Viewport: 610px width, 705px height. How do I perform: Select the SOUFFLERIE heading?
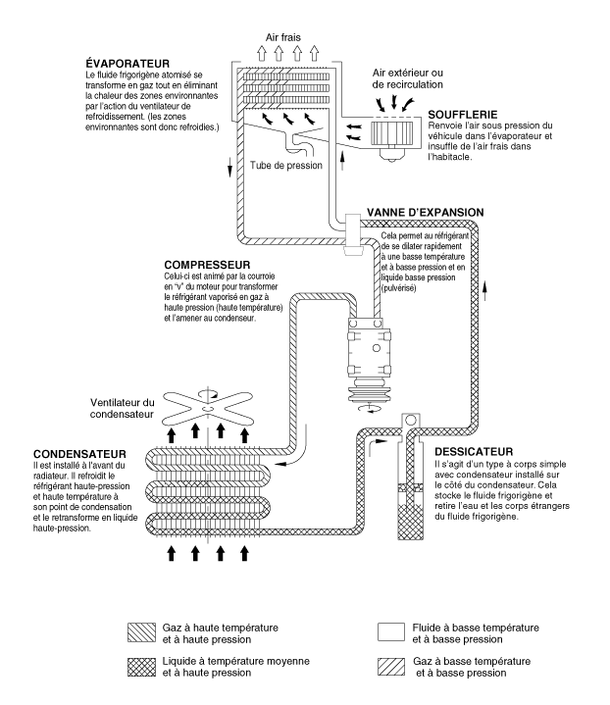coord(464,115)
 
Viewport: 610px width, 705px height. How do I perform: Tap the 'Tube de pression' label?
coord(288,165)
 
